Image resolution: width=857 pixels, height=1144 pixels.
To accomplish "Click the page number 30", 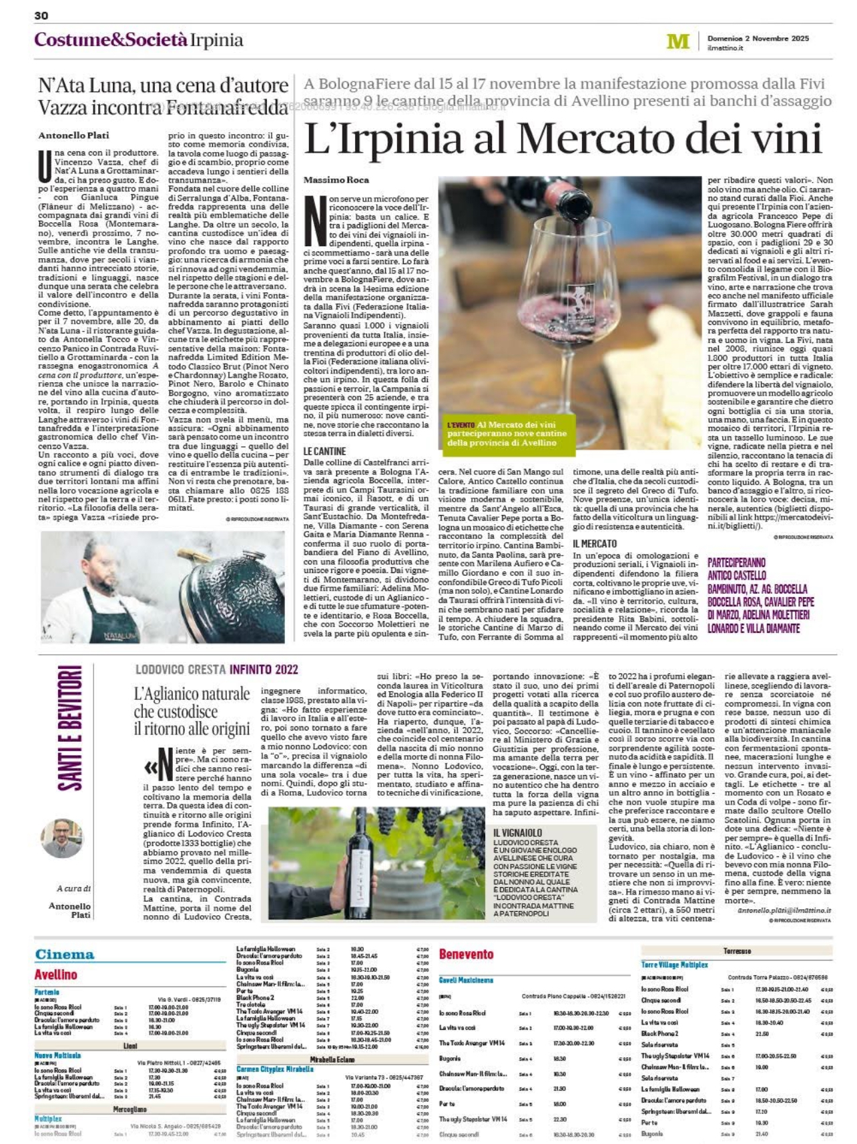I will point(41,15).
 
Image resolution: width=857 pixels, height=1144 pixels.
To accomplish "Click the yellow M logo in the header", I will point(677,41).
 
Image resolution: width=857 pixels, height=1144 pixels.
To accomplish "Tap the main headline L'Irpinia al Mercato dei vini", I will point(563,139).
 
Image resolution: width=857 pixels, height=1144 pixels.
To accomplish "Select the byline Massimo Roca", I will point(336,180).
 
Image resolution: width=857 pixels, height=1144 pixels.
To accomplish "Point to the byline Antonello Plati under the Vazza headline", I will point(73,135).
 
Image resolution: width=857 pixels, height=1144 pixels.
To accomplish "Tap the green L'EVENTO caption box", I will point(507,434).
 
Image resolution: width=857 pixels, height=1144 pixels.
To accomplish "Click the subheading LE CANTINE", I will point(324,452).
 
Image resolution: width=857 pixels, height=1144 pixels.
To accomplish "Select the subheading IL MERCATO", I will point(594,544).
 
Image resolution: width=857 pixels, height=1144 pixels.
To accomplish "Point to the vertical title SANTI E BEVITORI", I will point(69,727).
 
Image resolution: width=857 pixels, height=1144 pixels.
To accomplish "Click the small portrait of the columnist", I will point(62,838).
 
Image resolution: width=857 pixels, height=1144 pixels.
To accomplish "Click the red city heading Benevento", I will point(466,955).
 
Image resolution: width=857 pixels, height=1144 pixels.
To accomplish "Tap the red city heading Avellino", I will point(55,975).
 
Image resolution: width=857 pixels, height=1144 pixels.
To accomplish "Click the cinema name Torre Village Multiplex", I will point(674,965).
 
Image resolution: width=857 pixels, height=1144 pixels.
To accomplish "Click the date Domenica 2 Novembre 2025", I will point(758,38).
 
